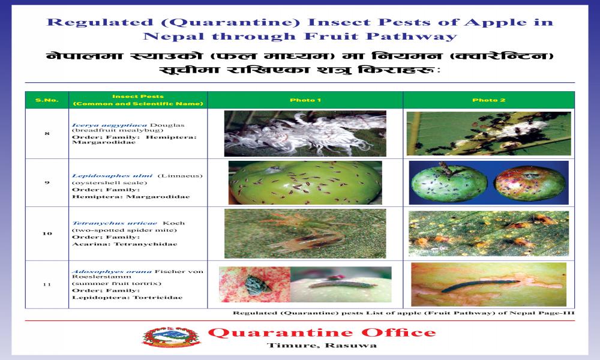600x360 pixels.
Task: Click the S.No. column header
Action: point(47,100)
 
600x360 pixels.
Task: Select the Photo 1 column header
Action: point(305,100)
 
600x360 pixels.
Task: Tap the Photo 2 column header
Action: point(488,100)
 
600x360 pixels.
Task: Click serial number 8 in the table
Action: point(47,134)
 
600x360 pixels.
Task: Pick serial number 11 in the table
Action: point(47,284)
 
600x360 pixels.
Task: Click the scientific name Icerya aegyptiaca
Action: point(109,125)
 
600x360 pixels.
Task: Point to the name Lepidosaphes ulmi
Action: point(112,176)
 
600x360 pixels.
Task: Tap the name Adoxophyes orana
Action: point(112,271)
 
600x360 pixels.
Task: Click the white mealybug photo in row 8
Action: point(305,134)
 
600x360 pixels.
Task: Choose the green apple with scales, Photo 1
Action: point(305,182)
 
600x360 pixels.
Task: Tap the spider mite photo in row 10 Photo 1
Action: point(305,233)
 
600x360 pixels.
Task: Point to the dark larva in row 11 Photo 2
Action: point(480,286)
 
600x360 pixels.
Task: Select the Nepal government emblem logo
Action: point(171,337)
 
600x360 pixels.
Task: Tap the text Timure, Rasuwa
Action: point(322,346)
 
